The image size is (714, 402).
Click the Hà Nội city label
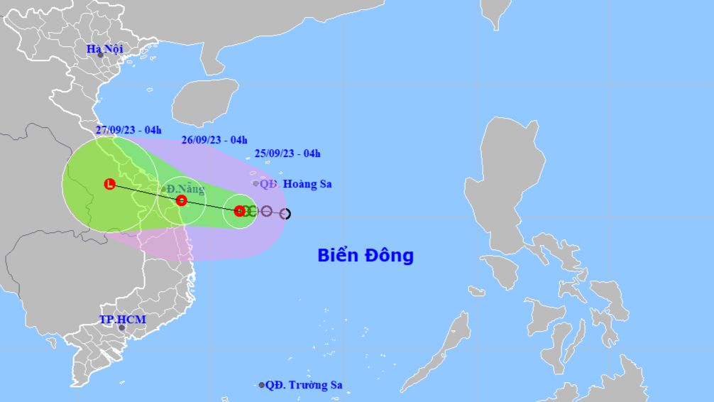pyautogui.click(x=104, y=49)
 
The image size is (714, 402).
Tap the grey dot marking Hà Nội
pyautogui.click(x=100, y=55)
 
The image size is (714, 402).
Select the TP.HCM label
pyautogui.click(x=122, y=320)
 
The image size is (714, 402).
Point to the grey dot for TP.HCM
pyautogui.click(x=121, y=327)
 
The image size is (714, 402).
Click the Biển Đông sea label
pyautogui.click(x=365, y=256)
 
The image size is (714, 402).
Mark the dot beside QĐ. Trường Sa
pyautogui.click(x=261, y=385)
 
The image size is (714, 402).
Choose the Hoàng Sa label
pyautogui.click(x=307, y=184)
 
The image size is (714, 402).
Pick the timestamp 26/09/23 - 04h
pyautogui.click(x=214, y=140)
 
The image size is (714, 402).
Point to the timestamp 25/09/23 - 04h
pyautogui.click(x=287, y=153)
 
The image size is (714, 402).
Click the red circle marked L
pyautogui.click(x=109, y=184)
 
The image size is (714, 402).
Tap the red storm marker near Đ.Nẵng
pyautogui.click(x=181, y=201)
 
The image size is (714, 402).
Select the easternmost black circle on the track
pyautogui.click(x=285, y=214)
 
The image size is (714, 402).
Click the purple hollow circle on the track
pyautogui.click(x=266, y=211)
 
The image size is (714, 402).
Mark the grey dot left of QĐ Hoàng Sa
pyautogui.click(x=256, y=183)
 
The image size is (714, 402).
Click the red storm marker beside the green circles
pyautogui.click(x=239, y=210)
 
